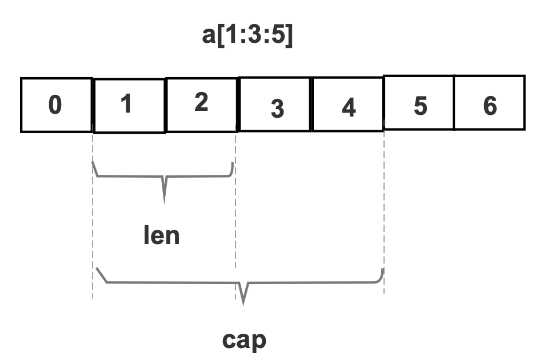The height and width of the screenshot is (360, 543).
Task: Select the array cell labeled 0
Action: click(56, 105)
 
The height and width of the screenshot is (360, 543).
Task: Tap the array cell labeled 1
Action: click(129, 105)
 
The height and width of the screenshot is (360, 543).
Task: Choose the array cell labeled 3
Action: click(276, 105)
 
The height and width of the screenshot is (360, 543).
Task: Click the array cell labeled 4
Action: click(348, 105)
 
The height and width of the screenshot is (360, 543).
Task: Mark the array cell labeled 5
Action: click(419, 104)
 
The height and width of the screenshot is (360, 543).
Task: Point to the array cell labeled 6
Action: click(489, 104)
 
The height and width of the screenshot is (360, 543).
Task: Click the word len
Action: click(161, 234)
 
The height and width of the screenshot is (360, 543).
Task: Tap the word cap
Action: click(244, 339)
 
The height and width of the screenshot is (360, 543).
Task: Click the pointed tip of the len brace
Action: click(165, 201)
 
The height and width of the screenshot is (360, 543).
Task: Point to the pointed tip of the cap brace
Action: click(245, 302)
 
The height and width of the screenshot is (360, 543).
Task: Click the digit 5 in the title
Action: click(278, 38)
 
